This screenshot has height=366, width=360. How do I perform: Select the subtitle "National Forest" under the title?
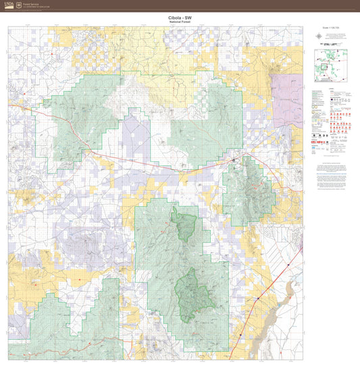coord(180,22)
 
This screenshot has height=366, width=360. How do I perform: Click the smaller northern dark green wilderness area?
coord(183,224)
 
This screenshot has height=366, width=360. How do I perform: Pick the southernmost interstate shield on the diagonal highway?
coord(257,298)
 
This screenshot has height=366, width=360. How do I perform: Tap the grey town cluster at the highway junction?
coord(234,159)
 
